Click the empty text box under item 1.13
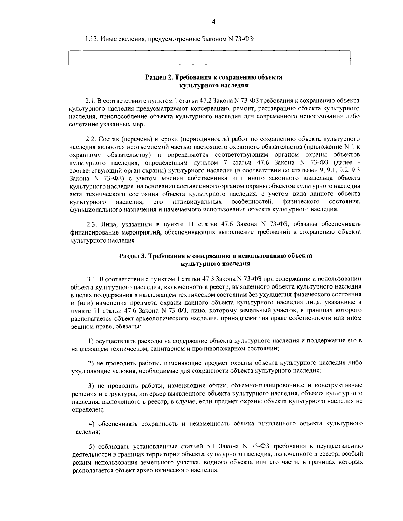click(209, 58)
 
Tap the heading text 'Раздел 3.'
click(132, 256)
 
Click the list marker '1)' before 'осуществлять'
click(91, 341)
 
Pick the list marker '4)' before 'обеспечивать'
click(91, 424)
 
